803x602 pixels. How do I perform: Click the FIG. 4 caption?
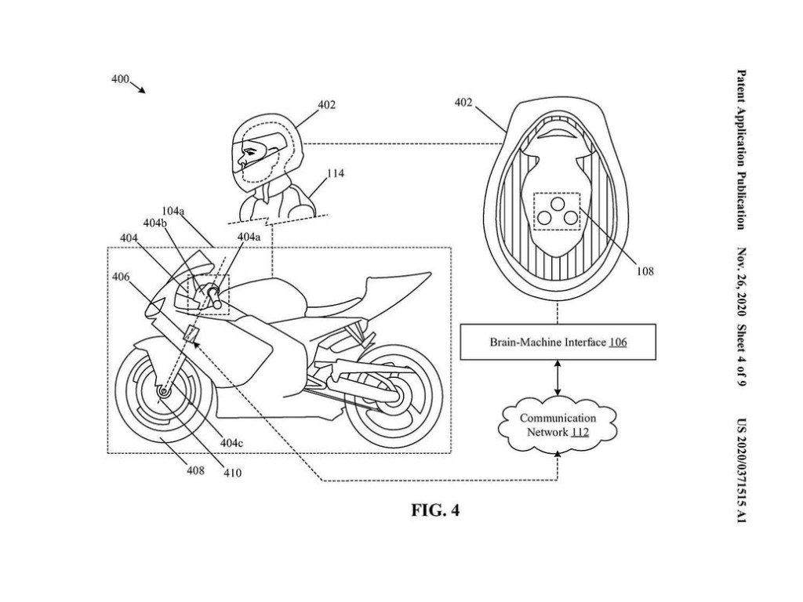tap(436, 511)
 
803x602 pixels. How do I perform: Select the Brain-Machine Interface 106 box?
tap(558, 343)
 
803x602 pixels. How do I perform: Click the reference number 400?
tap(120, 79)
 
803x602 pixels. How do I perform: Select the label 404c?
tap(231, 443)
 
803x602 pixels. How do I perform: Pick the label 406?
tap(121, 276)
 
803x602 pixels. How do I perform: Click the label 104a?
tap(173, 212)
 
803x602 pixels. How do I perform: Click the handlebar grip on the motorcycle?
tap(213, 295)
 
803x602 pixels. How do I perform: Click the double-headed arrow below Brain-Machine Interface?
tap(556, 379)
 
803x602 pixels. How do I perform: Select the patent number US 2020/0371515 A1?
tap(741, 470)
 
